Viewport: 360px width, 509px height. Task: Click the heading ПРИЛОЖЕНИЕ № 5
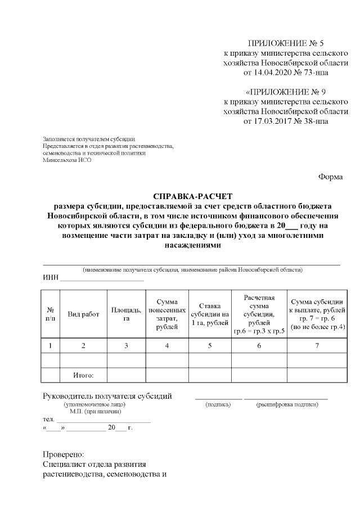point(286,43)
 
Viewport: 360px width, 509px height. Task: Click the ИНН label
point(51,277)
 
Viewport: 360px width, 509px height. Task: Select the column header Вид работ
point(83,314)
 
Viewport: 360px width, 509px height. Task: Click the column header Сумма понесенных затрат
point(167,314)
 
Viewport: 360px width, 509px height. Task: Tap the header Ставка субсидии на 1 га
point(209,314)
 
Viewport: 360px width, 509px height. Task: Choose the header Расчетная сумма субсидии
point(259,314)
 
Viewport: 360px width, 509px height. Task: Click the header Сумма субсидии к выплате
point(317,314)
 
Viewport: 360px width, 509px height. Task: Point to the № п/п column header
point(51,314)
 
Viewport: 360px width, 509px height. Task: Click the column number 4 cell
point(167,345)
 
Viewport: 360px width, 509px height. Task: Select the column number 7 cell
point(317,345)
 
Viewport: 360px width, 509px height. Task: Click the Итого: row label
point(83,375)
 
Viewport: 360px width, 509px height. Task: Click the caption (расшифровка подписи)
point(285,404)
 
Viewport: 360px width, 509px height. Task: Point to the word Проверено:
point(64,454)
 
